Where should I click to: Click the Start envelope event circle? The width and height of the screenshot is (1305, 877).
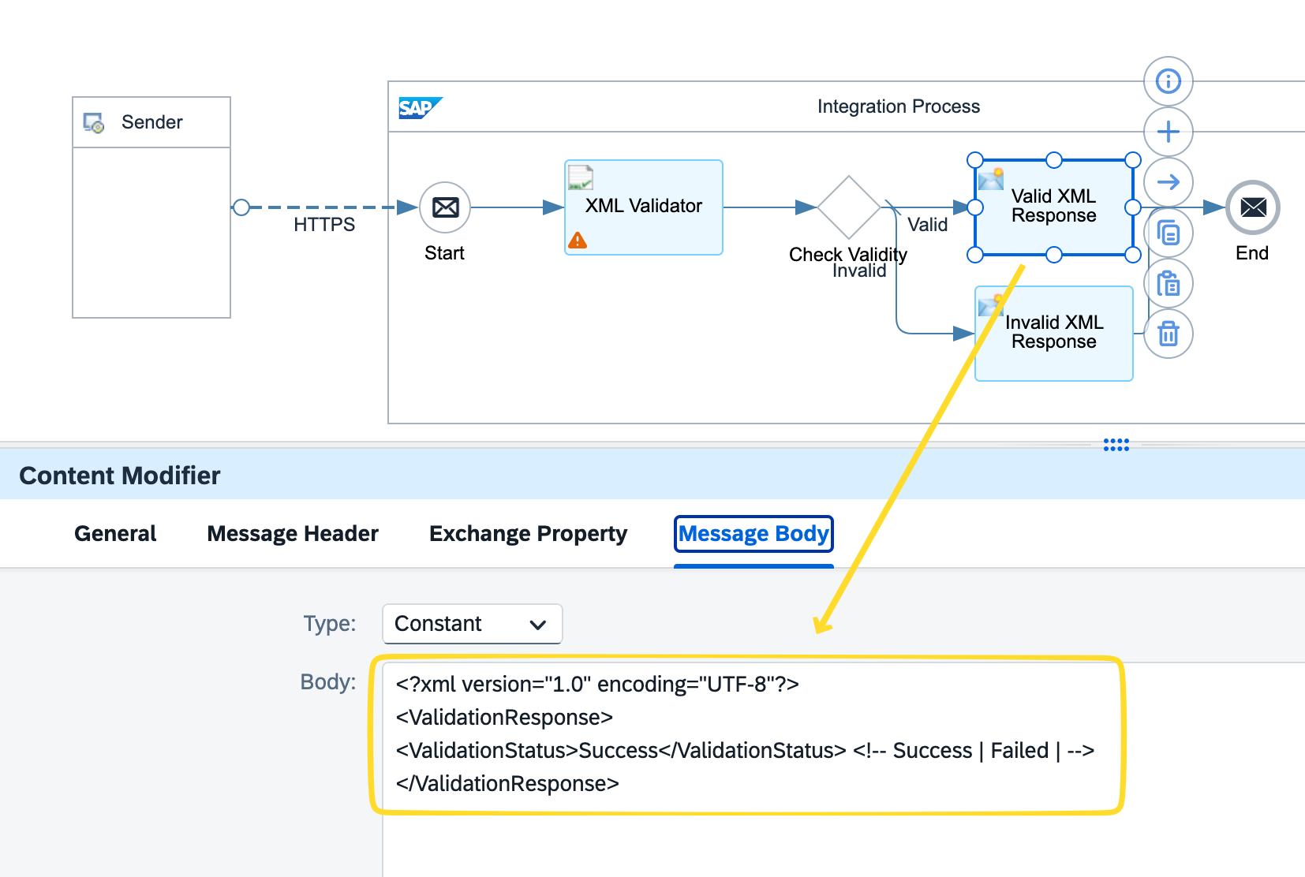445,207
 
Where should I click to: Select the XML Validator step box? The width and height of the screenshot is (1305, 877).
644,207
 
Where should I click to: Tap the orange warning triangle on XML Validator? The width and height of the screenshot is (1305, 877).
578,241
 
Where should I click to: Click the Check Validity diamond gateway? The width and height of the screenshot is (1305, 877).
848,207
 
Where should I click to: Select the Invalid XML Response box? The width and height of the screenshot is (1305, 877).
1054,333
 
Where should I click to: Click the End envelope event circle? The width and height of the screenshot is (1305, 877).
1252,207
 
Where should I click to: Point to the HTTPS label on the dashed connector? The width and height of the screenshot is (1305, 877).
324,225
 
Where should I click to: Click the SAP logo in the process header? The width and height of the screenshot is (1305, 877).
419,107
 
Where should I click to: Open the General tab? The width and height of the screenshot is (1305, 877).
115,534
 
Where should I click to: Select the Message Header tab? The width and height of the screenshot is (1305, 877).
293,534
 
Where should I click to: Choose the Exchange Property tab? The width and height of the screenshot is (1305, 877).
528,534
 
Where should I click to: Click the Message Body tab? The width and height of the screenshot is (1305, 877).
753,534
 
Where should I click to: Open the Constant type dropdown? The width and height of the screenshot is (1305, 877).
472,624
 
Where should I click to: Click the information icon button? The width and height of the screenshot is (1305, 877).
1168,81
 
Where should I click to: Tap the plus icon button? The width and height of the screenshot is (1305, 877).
1168,132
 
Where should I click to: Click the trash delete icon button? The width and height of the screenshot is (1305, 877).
1168,334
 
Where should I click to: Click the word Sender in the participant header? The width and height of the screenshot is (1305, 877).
151,122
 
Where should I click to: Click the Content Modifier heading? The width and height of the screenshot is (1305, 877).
120,476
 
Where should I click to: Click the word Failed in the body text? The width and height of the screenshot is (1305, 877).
1019,751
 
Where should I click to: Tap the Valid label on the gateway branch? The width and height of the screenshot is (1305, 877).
927,225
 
